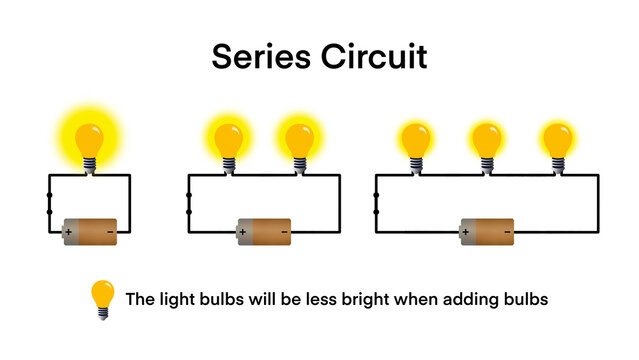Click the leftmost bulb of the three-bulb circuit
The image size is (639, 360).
coord(415,140)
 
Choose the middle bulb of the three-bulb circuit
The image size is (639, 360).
coord(487,140)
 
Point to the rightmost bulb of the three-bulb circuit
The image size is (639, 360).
coord(557,140)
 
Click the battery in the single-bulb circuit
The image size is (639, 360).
coord(90,232)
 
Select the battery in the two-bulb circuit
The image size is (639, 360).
coord(264,232)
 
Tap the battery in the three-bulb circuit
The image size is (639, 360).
coord(487,232)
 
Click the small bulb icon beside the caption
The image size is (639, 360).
coord(102,298)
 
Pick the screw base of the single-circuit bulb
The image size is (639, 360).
coord(90,162)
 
